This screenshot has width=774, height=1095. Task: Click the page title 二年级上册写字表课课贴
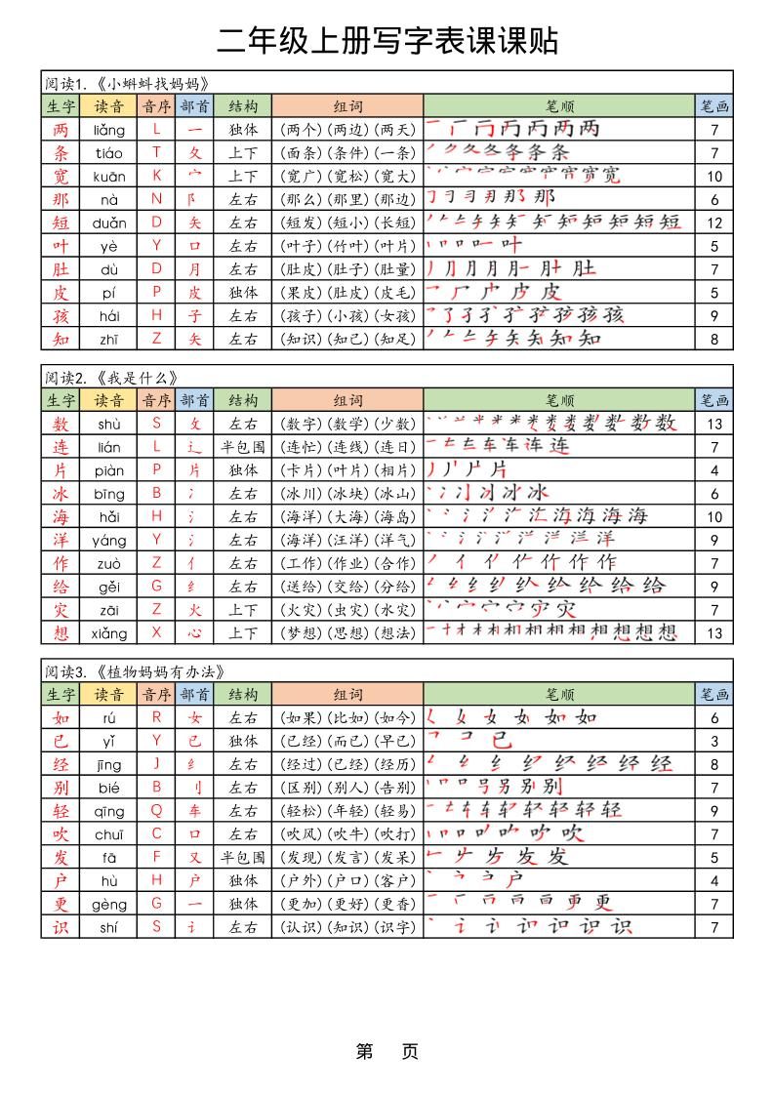click(x=387, y=40)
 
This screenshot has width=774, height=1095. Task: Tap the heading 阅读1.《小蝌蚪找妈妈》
click(x=127, y=82)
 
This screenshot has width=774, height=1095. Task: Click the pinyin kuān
click(x=109, y=177)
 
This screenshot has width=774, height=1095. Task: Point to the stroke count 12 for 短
click(x=714, y=223)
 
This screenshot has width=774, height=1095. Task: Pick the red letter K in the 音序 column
click(x=156, y=177)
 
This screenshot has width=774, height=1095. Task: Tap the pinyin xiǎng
click(x=109, y=633)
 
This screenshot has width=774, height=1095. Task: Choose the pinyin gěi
click(x=109, y=587)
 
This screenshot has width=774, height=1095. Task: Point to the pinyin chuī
click(x=109, y=834)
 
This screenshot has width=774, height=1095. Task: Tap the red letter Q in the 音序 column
click(x=156, y=811)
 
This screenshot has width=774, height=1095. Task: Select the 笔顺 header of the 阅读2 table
click(x=559, y=400)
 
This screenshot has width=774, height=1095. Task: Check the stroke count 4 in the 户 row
click(x=714, y=881)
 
